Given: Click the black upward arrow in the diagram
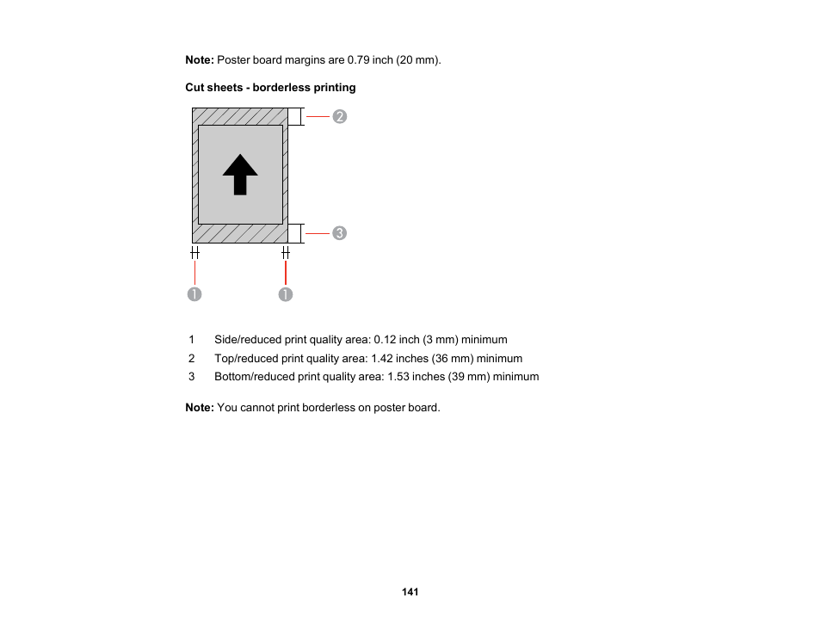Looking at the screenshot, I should tap(240, 175).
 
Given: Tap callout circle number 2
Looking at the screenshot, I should tap(340, 116).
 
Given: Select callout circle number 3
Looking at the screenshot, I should tap(340, 233).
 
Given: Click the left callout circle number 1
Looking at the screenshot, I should tap(195, 294).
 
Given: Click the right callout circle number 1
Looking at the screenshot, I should tap(286, 294).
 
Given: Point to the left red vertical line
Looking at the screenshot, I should tap(195, 273).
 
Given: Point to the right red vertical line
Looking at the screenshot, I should tap(286, 273).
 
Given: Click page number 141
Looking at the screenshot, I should tap(410, 592).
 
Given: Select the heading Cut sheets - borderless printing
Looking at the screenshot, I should tap(270, 88).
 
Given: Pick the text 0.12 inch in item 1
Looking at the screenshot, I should tap(396, 339).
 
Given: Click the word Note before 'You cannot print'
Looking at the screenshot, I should tap(199, 407).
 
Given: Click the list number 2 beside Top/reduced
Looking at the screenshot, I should tap(192, 358).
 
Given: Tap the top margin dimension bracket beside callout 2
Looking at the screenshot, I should tap(296, 116).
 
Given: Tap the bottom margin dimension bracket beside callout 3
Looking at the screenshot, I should tap(296, 233).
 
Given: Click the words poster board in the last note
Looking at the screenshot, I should tap(404, 407).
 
